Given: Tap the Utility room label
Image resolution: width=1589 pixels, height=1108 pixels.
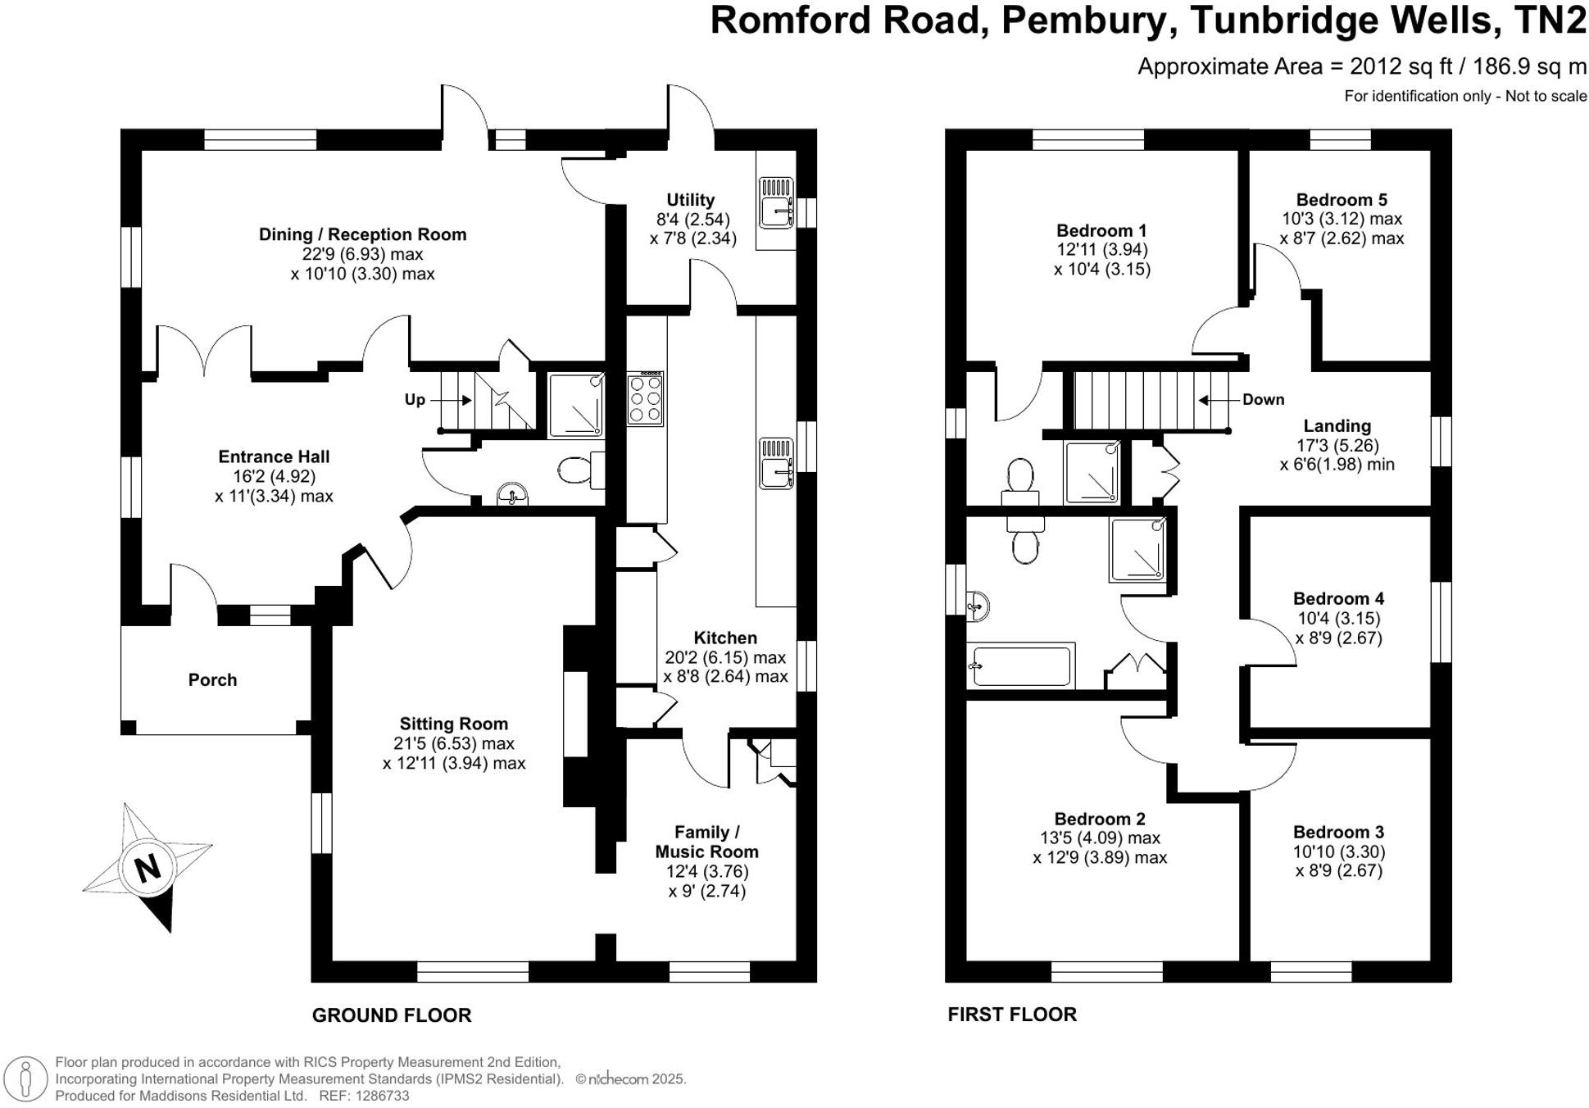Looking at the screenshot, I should click(690, 200).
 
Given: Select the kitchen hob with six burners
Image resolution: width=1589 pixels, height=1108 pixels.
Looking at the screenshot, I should click(645, 399).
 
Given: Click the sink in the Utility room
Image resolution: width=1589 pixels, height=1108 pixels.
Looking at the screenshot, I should click(775, 202).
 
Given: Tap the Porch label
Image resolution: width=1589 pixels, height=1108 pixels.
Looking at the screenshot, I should click(212, 679).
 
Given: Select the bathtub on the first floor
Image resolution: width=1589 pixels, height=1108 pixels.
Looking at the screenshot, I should click(1020, 665).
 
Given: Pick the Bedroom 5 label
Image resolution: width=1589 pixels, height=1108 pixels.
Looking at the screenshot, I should click(1342, 200).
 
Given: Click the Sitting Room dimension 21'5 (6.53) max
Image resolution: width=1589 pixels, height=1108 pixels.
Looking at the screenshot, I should click(453, 743).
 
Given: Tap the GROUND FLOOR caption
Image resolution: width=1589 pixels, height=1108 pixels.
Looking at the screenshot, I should click(392, 1015).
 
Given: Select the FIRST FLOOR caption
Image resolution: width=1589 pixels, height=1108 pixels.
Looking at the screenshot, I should click(1012, 1015).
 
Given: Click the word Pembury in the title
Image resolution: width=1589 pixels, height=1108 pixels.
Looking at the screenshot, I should click(1082, 20).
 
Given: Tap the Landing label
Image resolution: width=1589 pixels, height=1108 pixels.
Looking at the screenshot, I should click(1337, 426).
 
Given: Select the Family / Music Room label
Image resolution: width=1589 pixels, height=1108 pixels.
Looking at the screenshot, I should click(706, 842).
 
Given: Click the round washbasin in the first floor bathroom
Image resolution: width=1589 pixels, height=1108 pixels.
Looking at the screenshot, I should click(978, 607).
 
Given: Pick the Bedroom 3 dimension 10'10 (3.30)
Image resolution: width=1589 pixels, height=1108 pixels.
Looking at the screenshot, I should click(1338, 851).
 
